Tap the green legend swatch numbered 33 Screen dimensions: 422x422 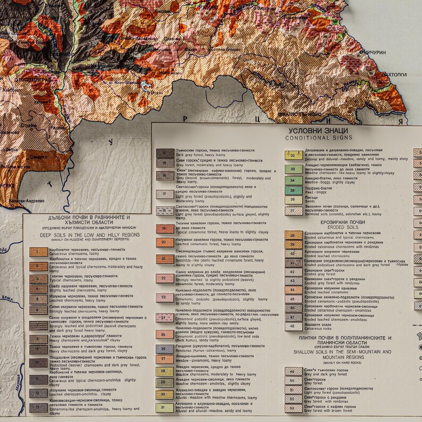(x=293, y=169)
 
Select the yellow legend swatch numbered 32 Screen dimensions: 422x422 (x=293, y=155)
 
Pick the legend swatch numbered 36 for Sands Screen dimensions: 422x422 (x=293, y=200)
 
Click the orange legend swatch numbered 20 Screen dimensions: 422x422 (x=164, y=242)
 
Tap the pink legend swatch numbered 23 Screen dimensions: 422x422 (x=164, y=298)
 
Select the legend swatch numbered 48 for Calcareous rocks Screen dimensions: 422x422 (x=293, y=326)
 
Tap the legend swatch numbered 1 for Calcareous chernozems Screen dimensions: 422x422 (x=38, y=253)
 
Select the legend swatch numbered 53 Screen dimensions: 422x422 (x=293, y=409)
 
